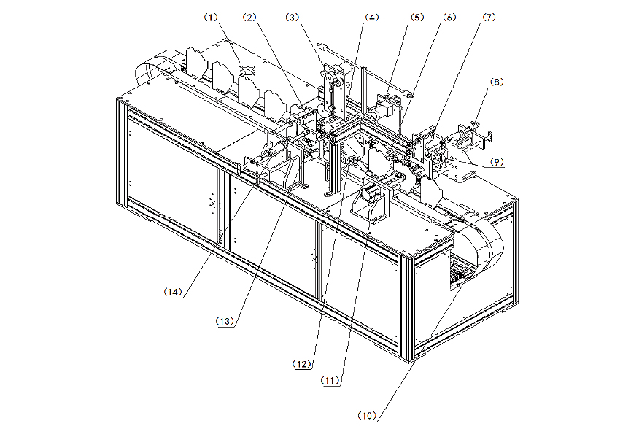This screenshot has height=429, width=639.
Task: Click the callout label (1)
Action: [211, 18]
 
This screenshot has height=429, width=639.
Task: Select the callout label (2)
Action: [249, 18]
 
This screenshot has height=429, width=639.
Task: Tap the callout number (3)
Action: [292, 18]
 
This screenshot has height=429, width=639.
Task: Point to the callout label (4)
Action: [372, 18]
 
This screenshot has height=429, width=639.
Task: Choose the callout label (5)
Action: [417, 18]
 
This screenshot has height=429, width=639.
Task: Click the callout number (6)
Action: [449, 18]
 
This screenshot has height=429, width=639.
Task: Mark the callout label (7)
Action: [489, 18]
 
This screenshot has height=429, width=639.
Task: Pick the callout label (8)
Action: [496, 82]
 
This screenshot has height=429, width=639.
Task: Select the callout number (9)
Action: [496, 162]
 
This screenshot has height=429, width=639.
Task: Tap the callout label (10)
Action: [367, 416]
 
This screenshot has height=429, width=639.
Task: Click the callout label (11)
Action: [330, 380]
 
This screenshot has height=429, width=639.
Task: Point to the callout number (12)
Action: [303, 364]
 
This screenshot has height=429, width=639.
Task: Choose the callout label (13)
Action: [225, 321]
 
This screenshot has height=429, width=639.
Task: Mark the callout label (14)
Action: [173, 292]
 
